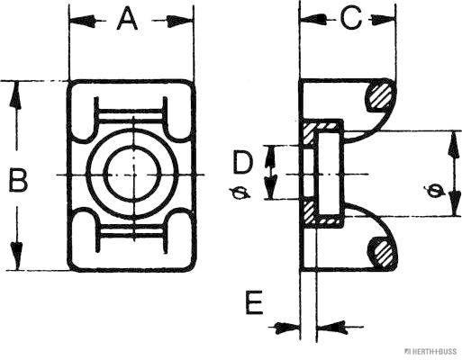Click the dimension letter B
tap(17, 181)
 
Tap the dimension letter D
tap(241, 164)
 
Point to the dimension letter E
tap(254, 303)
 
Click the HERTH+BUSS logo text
tap(432, 351)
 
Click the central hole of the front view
tap(131, 172)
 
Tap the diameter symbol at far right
tap(434, 190)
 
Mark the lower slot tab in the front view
tap(131, 232)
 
